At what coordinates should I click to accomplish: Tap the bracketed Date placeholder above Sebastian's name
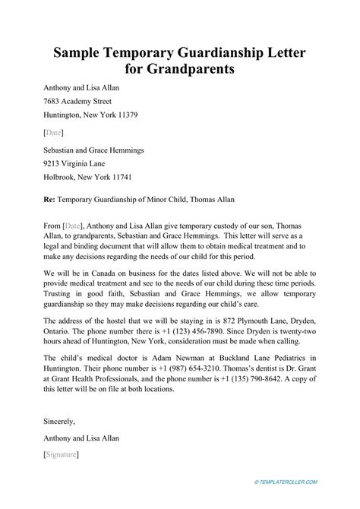pos(54,131)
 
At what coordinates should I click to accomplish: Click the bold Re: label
pos(51,201)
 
